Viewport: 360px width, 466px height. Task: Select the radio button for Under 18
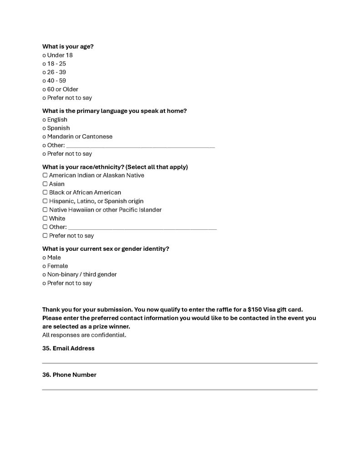(x=44, y=56)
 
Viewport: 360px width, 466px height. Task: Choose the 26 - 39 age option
(x=44, y=72)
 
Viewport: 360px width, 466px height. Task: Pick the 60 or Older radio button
(x=44, y=90)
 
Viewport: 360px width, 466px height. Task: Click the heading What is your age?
(x=68, y=46)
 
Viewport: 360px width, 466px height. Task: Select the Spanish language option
(x=44, y=128)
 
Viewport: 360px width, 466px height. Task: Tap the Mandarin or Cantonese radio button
(x=44, y=137)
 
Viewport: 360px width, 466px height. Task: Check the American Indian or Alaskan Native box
(x=45, y=175)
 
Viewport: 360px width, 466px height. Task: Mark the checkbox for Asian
(x=45, y=184)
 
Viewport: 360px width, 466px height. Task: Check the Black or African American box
(x=45, y=192)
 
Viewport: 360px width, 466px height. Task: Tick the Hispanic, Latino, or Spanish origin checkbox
(x=45, y=201)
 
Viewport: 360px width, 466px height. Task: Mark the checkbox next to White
(x=45, y=218)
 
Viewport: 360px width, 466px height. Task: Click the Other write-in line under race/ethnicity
(x=142, y=228)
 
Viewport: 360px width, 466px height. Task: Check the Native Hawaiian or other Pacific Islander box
(x=45, y=210)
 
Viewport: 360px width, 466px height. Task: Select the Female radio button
(x=44, y=266)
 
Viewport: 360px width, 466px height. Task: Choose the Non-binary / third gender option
(x=44, y=275)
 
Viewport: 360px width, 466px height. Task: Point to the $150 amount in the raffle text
(x=248, y=309)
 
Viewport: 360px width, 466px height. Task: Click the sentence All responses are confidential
(x=84, y=335)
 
